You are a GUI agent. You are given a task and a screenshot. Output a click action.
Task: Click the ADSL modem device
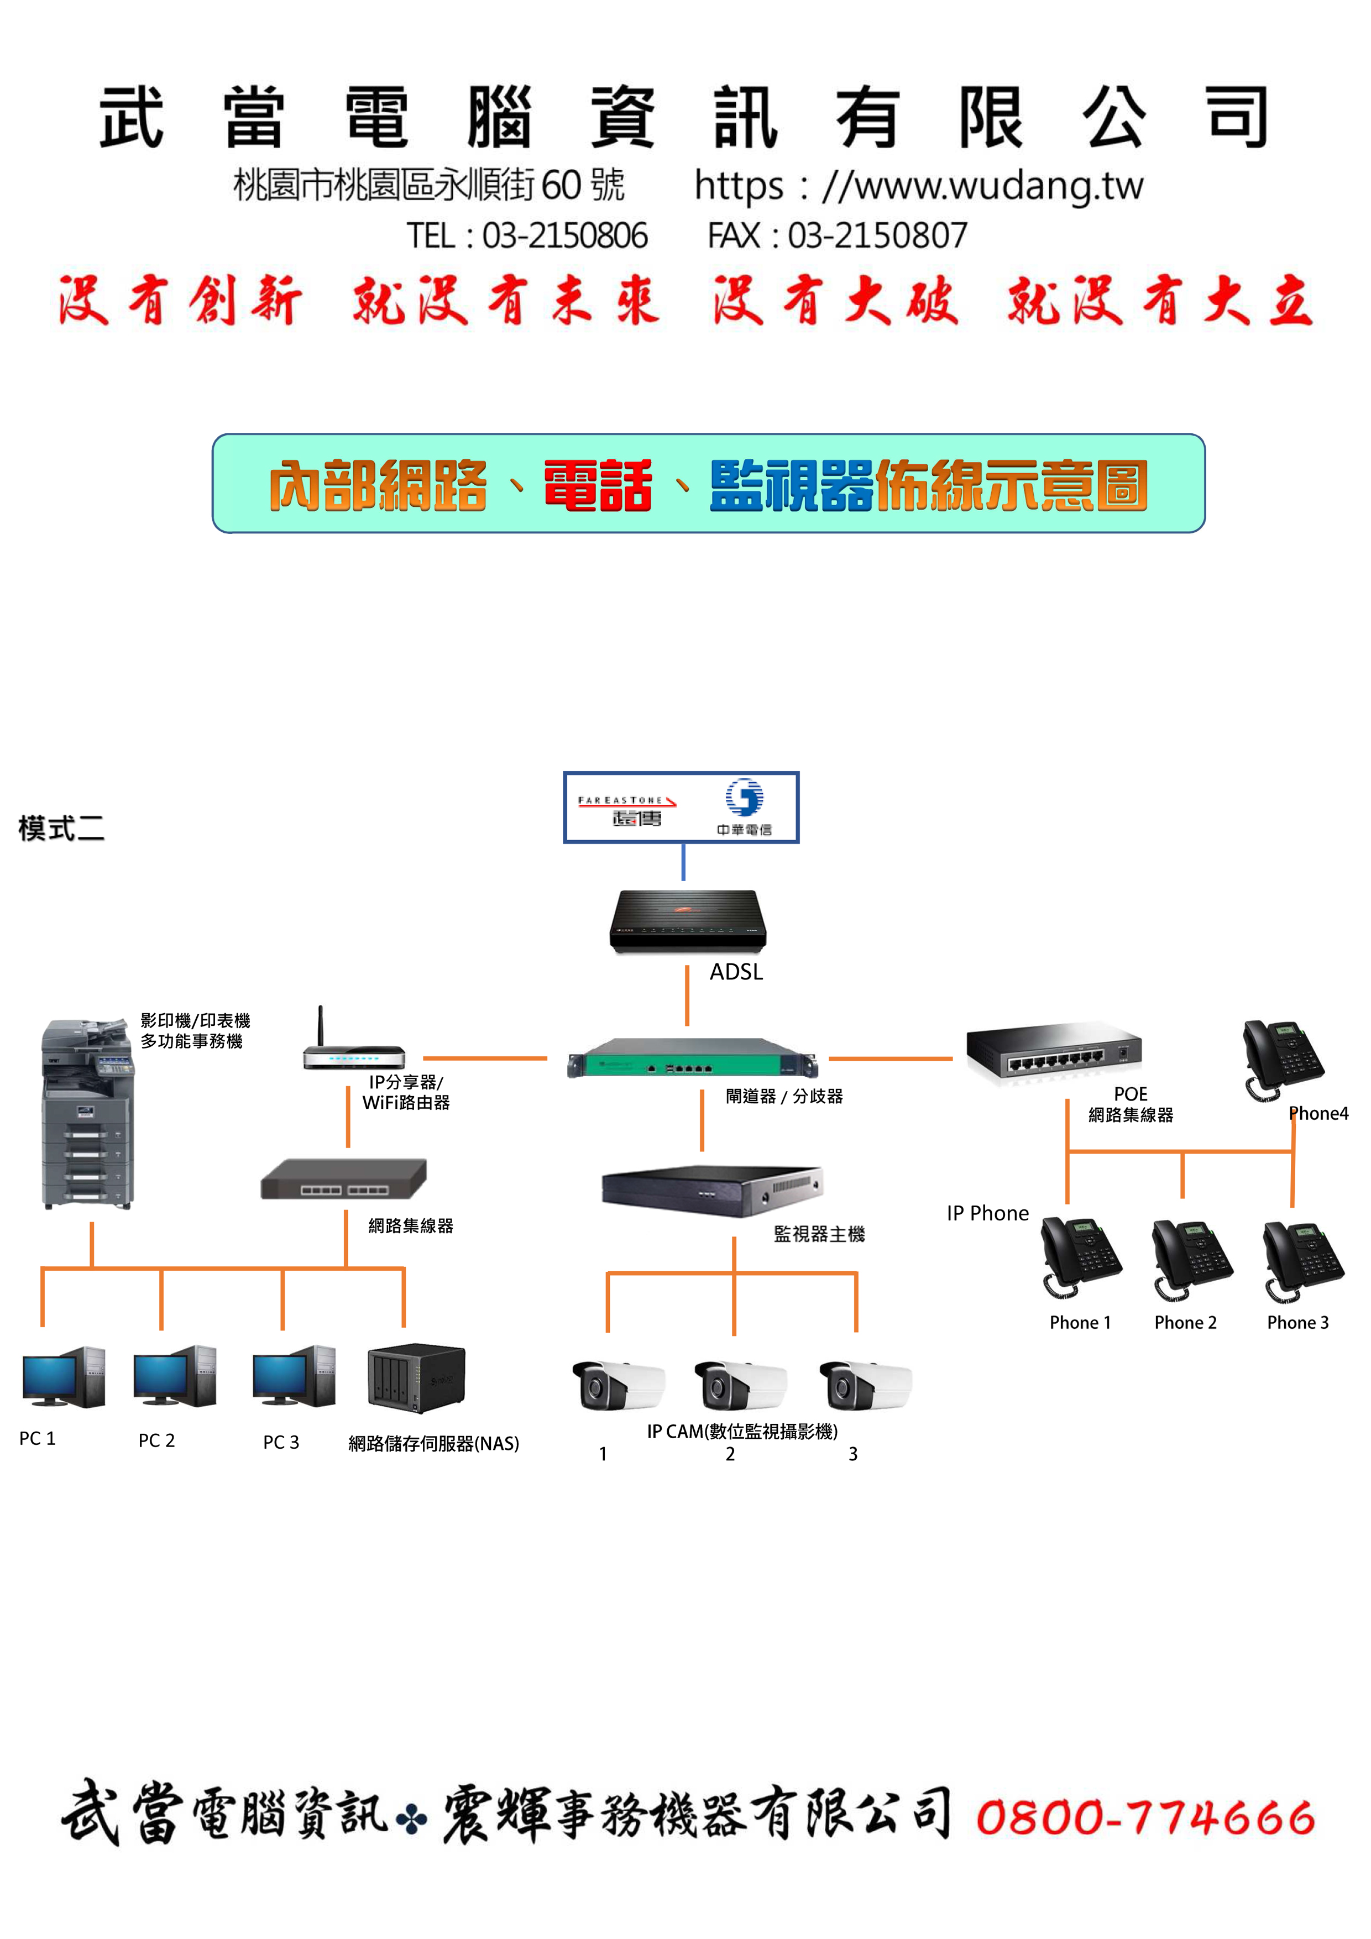coord(688,921)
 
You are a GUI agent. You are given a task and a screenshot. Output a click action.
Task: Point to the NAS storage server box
coord(416,1378)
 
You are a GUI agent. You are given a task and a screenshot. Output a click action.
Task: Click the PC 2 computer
coord(175,1376)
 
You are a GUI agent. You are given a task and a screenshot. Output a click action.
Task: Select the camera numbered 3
coord(865,1386)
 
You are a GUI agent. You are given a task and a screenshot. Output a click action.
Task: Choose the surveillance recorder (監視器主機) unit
coord(712,1190)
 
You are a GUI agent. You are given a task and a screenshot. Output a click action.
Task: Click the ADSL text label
coord(736,972)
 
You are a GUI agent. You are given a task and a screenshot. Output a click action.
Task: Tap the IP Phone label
coord(987,1214)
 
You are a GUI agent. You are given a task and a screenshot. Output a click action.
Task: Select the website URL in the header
coord(918,187)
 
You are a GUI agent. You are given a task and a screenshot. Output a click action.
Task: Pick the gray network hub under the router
coord(344,1179)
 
